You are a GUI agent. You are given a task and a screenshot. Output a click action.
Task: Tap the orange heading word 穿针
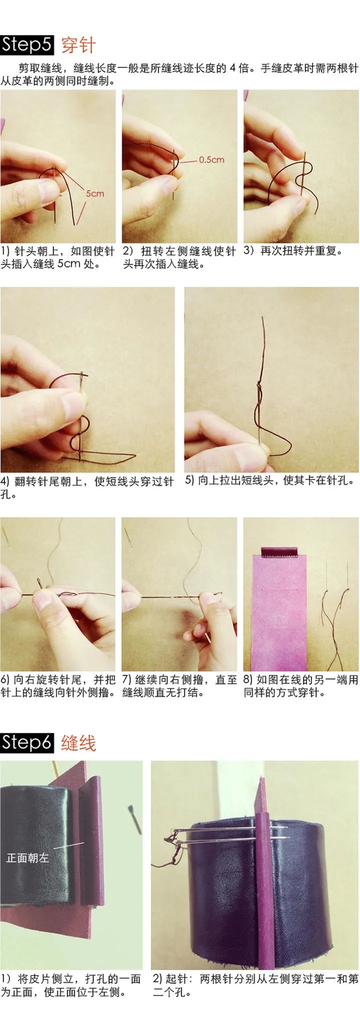[x=78, y=45]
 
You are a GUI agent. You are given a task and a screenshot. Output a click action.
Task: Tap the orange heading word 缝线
[x=78, y=743]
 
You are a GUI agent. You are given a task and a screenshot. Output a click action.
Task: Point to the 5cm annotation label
[x=95, y=193]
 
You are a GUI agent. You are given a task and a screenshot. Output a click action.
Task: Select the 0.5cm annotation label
[x=211, y=160]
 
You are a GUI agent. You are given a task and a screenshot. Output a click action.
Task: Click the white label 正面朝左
[x=27, y=857]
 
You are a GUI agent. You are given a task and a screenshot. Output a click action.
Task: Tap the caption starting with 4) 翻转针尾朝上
[x=87, y=487]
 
